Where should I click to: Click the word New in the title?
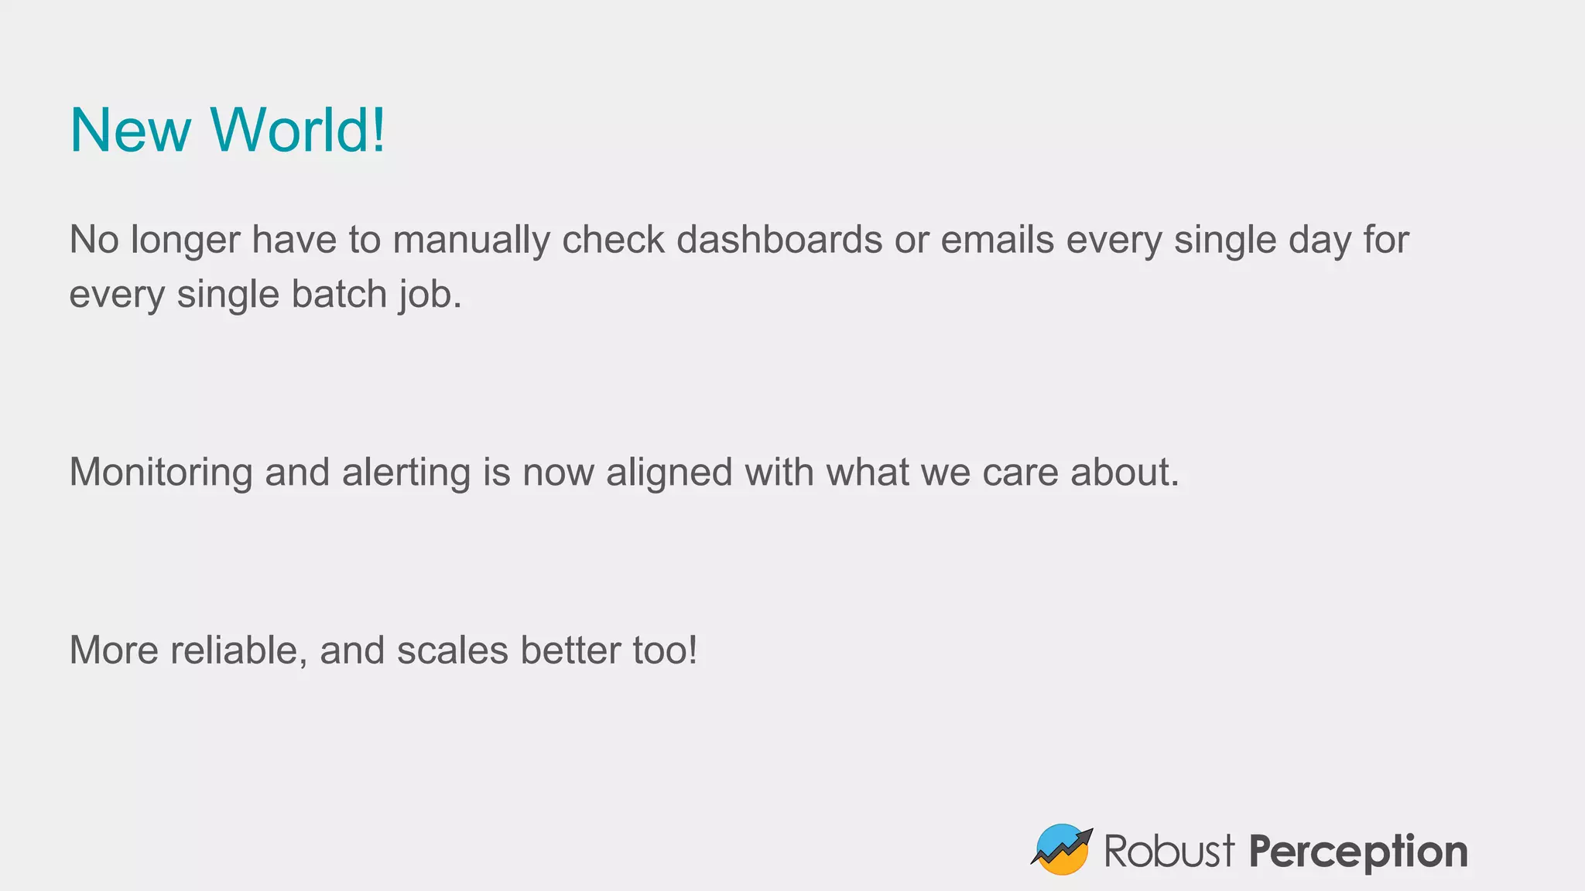130,130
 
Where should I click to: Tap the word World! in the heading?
298,130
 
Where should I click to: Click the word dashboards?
779,241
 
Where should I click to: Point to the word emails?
997,241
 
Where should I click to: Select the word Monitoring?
161,473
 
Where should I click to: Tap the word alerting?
406,473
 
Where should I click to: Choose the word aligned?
669,473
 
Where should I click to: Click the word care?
1020,473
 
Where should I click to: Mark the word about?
1125,473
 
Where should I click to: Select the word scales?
453,650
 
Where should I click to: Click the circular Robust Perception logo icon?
1062,849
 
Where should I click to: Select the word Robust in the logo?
1169,852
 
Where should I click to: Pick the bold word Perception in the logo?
1358,852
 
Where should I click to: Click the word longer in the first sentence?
186,241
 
